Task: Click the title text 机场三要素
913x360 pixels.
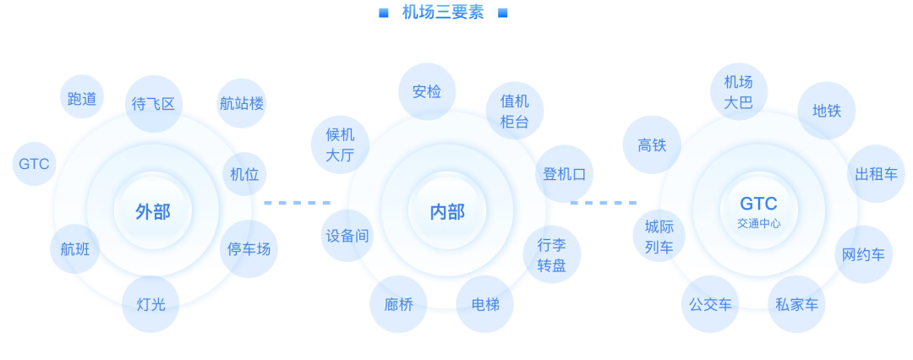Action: coord(443,13)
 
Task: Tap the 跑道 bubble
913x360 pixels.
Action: coord(82,99)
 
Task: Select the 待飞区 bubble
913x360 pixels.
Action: coord(153,104)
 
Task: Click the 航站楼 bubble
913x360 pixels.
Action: coord(242,104)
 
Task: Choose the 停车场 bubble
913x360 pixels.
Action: coord(249,248)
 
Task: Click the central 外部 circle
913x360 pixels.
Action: coord(153,211)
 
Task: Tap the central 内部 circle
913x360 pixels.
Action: coord(447,211)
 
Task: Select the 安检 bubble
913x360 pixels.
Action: coord(427,91)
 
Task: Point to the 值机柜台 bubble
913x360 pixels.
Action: coord(514,111)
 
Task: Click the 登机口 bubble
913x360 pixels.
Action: coord(564,174)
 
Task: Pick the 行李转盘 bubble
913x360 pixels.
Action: coord(551,255)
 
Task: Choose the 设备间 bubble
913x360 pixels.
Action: coord(347,236)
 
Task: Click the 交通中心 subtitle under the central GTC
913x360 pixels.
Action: coord(758,224)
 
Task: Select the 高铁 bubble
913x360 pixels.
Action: coord(652,145)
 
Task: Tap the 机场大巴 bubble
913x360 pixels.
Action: coord(738,92)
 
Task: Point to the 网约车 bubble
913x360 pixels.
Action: coord(863,254)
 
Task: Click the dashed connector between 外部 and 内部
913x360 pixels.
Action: coord(297,203)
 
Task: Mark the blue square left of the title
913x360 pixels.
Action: coord(383,13)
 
